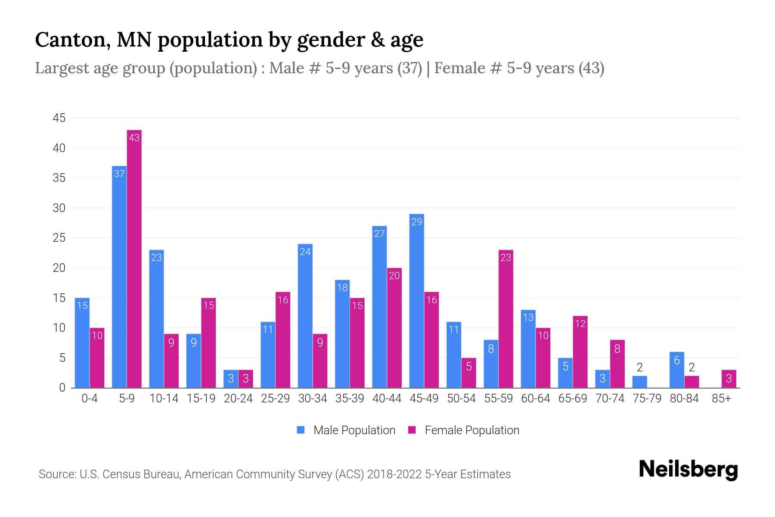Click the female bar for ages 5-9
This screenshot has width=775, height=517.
click(x=134, y=258)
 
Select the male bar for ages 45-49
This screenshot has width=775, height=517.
click(x=416, y=302)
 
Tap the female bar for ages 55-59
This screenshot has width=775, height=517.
click(x=506, y=319)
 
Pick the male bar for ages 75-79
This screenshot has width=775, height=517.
click(x=639, y=382)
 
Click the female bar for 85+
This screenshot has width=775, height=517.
click(x=729, y=379)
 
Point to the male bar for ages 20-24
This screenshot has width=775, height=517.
click(x=231, y=379)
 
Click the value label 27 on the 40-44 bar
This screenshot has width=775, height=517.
click(x=379, y=234)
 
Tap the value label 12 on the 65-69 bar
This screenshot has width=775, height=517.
click(x=580, y=324)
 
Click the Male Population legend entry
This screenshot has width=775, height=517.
click(x=346, y=430)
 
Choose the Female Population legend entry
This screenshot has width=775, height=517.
click(x=464, y=430)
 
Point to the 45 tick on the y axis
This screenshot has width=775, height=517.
click(x=59, y=118)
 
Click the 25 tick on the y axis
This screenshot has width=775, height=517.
click(x=59, y=238)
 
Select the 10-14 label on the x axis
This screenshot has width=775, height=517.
click(x=164, y=399)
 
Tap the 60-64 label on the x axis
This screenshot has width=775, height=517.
click(x=535, y=399)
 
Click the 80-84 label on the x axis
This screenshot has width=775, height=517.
click(x=684, y=399)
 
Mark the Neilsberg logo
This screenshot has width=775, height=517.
click(x=688, y=470)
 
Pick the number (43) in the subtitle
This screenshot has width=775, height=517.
click(x=591, y=69)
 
